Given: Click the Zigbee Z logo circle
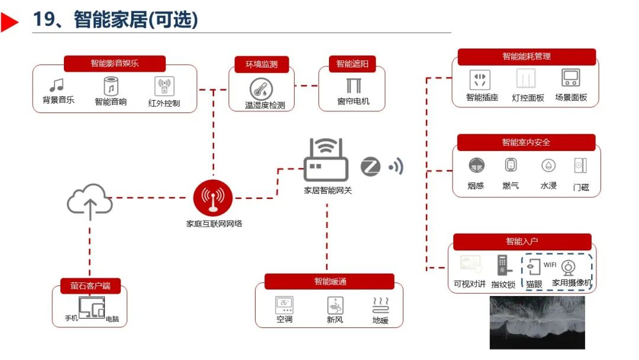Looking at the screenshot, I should tap(371, 166).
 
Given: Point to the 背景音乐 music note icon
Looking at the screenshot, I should tap(56, 85).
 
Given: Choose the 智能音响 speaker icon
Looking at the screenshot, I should tap(111, 86).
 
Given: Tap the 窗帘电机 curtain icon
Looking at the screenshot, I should tap(353, 86).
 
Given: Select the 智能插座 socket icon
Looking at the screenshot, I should tap(480, 80).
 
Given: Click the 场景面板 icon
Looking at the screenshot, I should tap(571, 79).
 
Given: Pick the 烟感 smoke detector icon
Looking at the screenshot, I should tap(476, 166).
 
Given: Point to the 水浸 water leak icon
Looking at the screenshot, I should tap(548, 166).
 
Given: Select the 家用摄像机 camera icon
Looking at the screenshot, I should tap(569, 268).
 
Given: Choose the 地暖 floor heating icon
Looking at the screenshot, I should tap(380, 306).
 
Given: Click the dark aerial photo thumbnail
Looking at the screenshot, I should tap(537, 323).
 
